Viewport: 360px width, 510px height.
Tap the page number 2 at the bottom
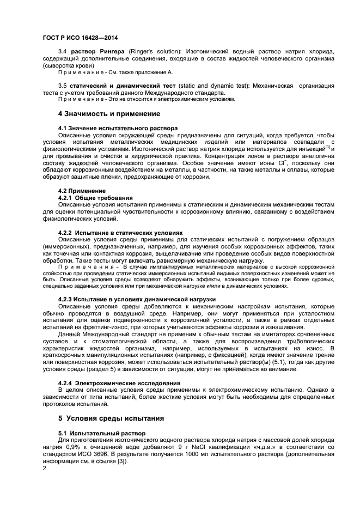click(x=44, y=467)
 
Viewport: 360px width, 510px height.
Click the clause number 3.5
click(x=62, y=86)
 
